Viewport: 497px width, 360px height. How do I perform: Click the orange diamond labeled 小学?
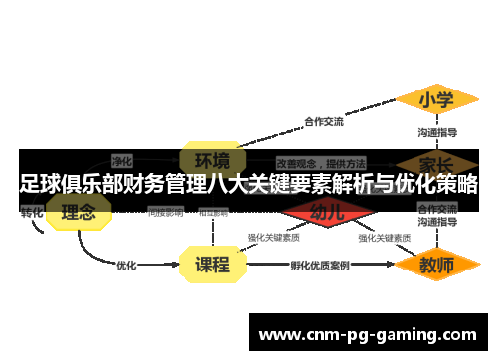pyautogui.click(x=434, y=100)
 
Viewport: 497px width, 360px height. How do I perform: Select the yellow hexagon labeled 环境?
pyautogui.click(x=211, y=160)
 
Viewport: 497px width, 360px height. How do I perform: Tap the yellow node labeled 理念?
pyautogui.click(x=78, y=212)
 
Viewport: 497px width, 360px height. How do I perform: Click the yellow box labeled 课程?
pyautogui.click(x=211, y=265)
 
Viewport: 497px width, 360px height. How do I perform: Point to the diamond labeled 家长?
pyautogui.click(x=435, y=162)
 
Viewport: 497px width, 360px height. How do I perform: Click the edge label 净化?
pyautogui.click(x=122, y=160)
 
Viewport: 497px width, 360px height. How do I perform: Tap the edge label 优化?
pyautogui.click(x=126, y=266)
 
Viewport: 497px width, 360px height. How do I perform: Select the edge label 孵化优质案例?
pyautogui.click(x=319, y=266)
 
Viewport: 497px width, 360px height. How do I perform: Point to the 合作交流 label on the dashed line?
pyautogui.click(x=323, y=122)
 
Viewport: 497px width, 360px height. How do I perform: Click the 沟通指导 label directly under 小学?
pyautogui.click(x=436, y=131)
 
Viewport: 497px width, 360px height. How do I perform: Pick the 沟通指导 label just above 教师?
pyautogui.click(x=436, y=225)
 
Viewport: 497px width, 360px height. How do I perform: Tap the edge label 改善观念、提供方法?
pyautogui.click(x=320, y=161)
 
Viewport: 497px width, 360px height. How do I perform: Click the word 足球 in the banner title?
pyautogui.click(x=39, y=184)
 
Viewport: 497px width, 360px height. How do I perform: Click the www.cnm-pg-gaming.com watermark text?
pyautogui.click(x=367, y=334)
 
